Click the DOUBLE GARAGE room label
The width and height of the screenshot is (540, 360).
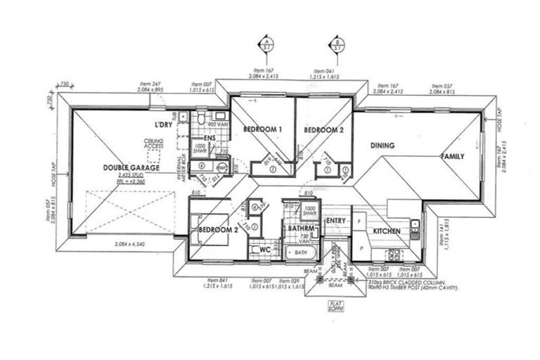[131, 168]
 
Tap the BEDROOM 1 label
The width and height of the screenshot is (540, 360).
[263, 130]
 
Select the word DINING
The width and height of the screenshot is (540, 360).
[382, 146]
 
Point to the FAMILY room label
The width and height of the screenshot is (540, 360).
[452, 156]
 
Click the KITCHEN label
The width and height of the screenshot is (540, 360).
[386, 231]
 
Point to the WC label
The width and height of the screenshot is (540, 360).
[265, 249]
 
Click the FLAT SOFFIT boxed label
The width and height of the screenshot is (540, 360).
[335, 307]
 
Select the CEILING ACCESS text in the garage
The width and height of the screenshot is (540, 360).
[155, 143]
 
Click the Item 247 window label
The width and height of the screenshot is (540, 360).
[150, 86]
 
